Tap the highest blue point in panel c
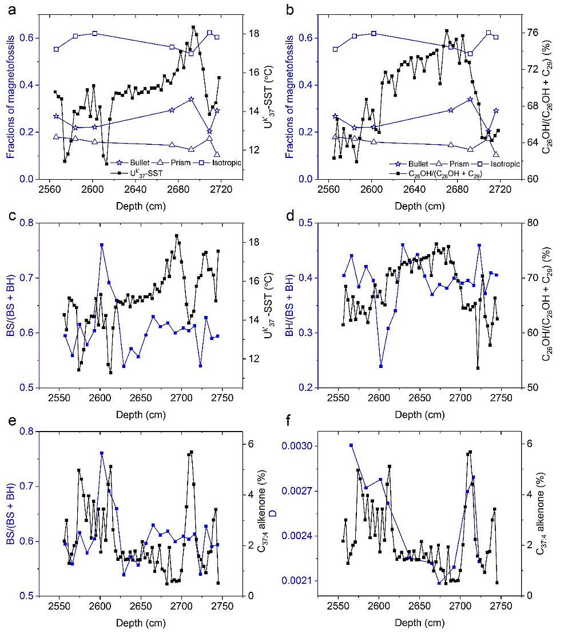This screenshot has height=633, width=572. [x=102, y=245]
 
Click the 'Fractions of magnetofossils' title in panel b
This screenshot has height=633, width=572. [x=296, y=96]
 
